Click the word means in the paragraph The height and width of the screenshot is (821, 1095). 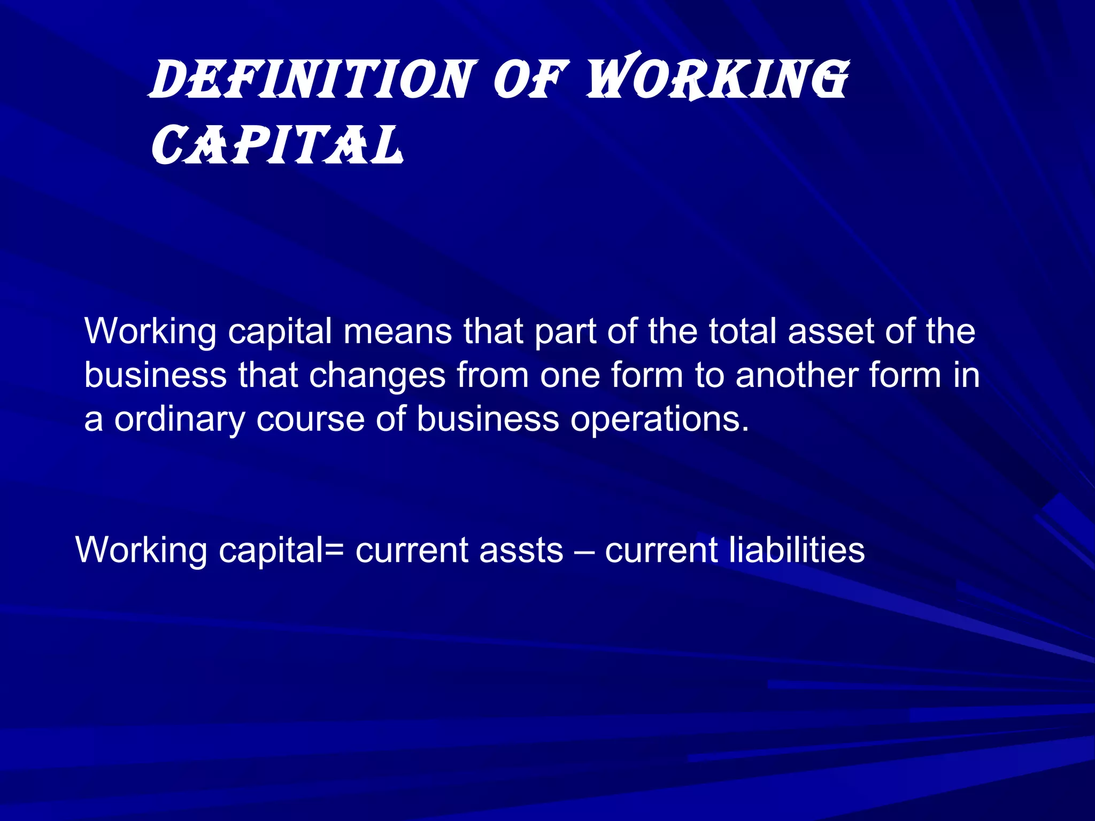[398, 331]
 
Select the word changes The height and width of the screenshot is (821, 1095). [377, 375]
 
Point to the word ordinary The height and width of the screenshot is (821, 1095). [179, 420]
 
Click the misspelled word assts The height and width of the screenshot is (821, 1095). [521, 550]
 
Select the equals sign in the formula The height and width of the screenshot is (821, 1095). [334, 551]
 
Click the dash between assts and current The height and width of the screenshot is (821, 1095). [584, 551]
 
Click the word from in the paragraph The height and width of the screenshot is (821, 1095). [492, 375]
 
